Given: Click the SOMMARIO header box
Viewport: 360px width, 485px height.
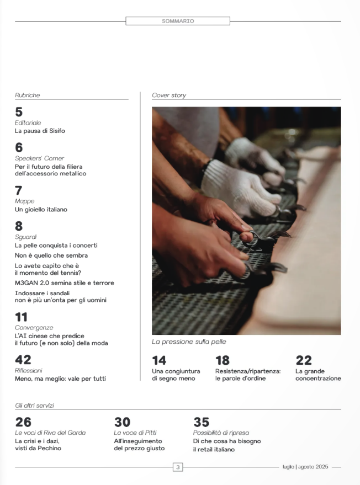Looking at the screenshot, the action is (178, 21).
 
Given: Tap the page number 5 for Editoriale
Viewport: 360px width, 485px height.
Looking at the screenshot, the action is (19, 112).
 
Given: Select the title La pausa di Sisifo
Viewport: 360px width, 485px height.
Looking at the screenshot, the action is (40, 131).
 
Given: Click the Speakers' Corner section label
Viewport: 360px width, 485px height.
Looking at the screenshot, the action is (39, 158).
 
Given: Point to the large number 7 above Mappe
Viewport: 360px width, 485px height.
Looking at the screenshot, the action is (19, 190).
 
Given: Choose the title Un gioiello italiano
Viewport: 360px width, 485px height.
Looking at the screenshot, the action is (41, 210).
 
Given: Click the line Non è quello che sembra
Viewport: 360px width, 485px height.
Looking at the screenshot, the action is (51, 255).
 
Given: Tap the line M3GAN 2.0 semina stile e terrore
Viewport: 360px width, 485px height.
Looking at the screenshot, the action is (65, 283).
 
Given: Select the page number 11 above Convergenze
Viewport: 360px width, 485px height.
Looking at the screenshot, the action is (22, 317).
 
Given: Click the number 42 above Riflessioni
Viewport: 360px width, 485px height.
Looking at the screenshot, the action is (23, 360).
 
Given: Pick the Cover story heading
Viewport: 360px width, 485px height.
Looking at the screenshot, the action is (169, 95).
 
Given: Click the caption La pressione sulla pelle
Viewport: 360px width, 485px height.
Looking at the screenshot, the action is (189, 342).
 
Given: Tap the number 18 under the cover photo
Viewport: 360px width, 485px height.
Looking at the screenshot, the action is (223, 360).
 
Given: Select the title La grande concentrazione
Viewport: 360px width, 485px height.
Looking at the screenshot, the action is (318, 375).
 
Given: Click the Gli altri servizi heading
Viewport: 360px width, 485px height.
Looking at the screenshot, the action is (34, 406).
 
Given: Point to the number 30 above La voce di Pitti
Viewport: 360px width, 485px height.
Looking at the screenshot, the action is (122, 422).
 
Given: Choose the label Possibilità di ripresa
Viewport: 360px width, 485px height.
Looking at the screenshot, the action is (221, 433).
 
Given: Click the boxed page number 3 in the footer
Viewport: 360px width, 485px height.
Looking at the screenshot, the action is (178, 467).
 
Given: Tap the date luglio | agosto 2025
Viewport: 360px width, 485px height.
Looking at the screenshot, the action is (305, 467).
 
